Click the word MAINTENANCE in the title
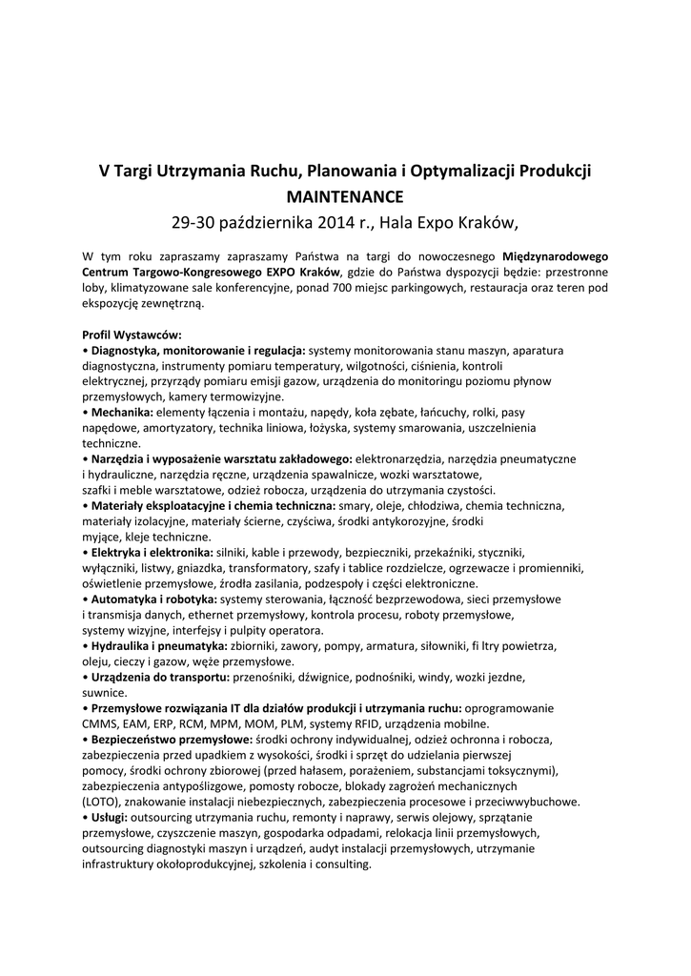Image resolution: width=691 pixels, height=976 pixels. (345, 197)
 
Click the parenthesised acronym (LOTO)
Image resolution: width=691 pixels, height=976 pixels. (100, 802)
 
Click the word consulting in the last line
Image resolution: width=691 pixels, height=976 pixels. (341, 864)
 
